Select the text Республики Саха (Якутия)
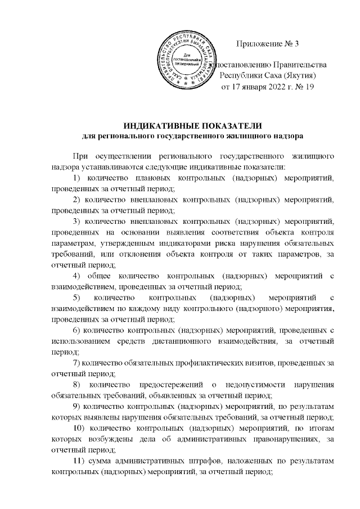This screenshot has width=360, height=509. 267,76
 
